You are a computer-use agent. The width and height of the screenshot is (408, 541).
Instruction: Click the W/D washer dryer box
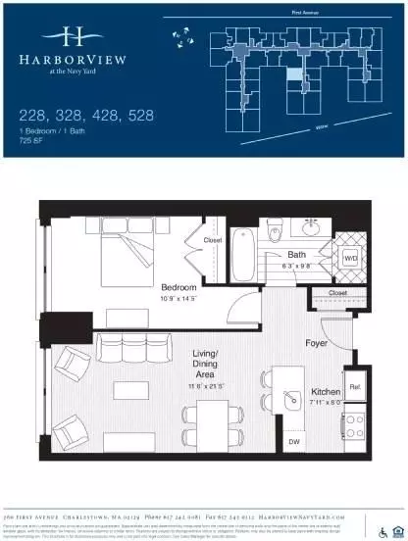click(x=350, y=260)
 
